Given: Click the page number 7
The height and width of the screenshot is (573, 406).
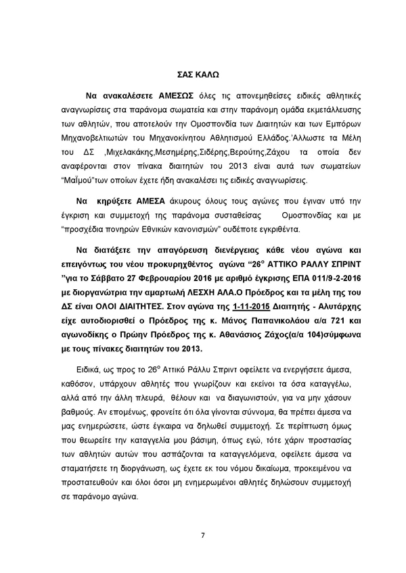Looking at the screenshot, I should (202, 537).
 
